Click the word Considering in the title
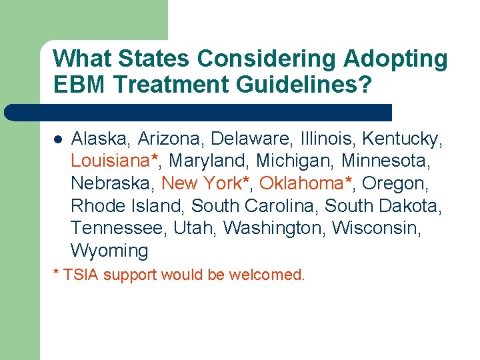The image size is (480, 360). (268, 59)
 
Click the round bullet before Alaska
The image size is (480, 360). (58, 140)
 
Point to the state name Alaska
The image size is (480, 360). (101, 139)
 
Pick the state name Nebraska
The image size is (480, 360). (113, 183)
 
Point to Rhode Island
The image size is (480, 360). (127, 206)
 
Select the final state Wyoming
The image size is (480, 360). (109, 251)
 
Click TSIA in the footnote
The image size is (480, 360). (81, 275)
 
